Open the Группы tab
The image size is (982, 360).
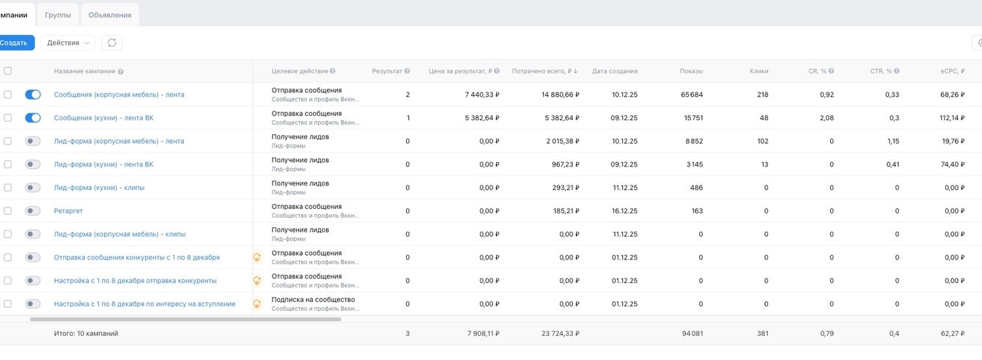click(x=58, y=15)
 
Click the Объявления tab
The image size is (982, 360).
click(x=110, y=15)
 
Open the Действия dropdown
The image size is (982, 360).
click(x=67, y=43)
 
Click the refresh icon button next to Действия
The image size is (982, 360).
click(x=111, y=43)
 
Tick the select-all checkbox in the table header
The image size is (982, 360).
click(x=7, y=71)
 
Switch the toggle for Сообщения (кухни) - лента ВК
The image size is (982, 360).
click(x=33, y=118)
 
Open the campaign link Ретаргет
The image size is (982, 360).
click(x=68, y=211)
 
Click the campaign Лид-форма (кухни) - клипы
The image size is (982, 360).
click(x=99, y=188)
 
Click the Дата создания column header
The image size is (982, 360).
click(x=614, y=71)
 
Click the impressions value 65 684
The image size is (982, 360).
click(x=691, y=95)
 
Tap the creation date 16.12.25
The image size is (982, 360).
click(x=624, y=211)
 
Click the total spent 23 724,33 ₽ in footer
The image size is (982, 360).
click(x=560, y=334)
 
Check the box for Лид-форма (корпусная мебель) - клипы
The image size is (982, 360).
click(x=7, y=235)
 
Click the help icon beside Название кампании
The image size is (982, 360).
click(x=121, y=72)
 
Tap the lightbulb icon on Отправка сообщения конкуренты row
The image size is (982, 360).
click(x=257, y=257)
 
